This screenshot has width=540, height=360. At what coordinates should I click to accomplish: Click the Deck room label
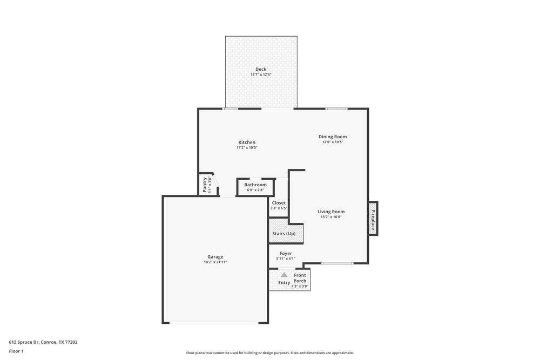point(261,69)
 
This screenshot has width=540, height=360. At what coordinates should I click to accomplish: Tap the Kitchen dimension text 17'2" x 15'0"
point(247,148)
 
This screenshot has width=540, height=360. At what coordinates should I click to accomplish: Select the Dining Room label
point(333,137)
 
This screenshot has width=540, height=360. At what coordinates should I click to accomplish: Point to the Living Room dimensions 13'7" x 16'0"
point(331,217)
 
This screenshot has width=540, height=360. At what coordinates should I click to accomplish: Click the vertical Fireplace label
point(373,220)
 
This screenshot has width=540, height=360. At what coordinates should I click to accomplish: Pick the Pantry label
point(205,185)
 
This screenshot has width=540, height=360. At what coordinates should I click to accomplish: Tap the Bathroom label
point(255,185)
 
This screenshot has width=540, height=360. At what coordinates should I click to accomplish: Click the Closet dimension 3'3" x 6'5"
point(279,208)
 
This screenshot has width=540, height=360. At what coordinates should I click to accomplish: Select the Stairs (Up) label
point(284,234)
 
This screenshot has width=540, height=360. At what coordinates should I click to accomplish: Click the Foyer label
point(286,253)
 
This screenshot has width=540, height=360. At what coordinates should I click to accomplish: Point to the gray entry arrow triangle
point(284,275)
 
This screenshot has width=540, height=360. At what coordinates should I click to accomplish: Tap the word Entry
point(284,283)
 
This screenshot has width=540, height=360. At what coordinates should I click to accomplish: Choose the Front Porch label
point(300,278)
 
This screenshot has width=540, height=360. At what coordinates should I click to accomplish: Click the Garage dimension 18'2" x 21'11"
point(215,262)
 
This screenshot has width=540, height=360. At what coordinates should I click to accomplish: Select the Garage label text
point(215,257)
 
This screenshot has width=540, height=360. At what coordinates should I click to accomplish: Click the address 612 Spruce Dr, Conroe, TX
point(43,342)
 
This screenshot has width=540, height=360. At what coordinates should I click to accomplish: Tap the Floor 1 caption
point(16,351)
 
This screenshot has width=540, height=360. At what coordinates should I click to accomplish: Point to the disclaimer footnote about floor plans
point(270,353)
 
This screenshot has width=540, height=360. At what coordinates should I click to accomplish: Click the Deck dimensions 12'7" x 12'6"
point(261,74)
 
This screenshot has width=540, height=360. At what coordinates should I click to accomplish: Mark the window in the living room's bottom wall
point(337,263)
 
